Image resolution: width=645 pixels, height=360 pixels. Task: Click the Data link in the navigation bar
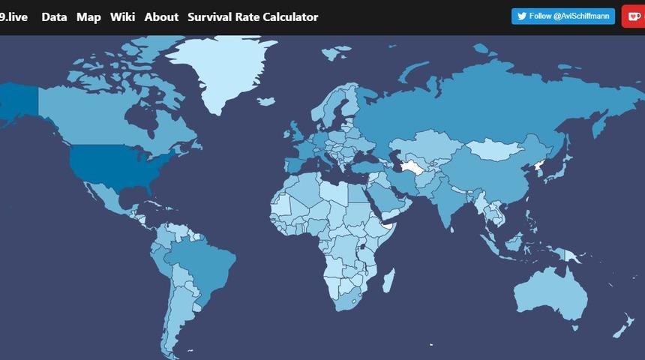(x=54, y=16)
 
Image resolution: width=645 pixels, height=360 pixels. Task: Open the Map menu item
(x=88, y=16)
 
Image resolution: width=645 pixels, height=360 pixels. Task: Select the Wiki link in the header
(x=122, y=16)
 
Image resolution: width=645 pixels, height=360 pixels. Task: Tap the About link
(x=161, y=16)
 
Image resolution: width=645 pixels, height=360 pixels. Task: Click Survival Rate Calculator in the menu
(x=253, y=16)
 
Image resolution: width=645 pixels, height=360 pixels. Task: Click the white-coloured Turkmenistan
(x=412, y=166)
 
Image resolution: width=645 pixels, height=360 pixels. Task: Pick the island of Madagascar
(x=388, y=282)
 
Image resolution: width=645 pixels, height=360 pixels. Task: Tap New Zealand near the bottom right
(x=623, y=327)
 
